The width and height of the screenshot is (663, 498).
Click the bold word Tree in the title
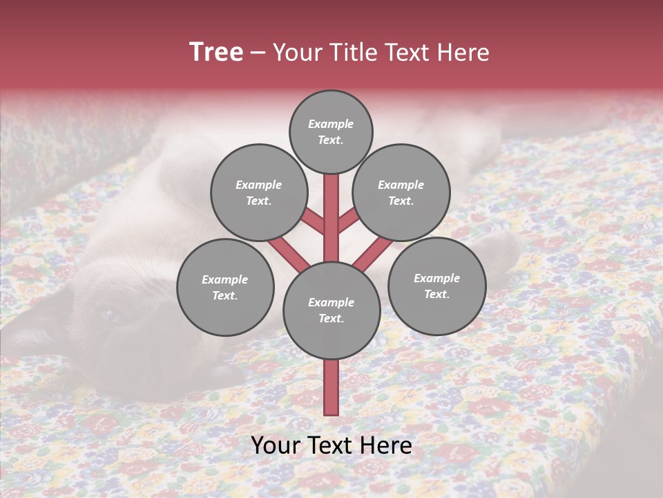pos(216,53)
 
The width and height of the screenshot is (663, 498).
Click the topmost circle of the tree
pos(331,131)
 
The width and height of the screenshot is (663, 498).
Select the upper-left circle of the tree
pos(258,192)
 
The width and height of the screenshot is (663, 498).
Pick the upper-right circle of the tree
pos(401,192)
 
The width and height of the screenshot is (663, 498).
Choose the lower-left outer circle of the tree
pos(225,287)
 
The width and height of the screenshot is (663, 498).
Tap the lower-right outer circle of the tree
pos(436,286)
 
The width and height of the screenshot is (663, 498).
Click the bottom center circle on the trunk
pos(331,311)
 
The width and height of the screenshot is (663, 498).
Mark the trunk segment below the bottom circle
pos(331,387)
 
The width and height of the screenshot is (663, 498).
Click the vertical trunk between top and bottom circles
pos(331,218)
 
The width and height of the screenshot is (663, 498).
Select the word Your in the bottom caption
pos(274,445)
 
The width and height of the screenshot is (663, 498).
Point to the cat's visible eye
pos(108,315)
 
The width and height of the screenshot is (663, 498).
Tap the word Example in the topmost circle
pos(331,124)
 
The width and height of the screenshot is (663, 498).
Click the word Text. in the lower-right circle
pos(436,294)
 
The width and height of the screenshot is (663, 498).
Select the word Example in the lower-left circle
pos(225,279)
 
